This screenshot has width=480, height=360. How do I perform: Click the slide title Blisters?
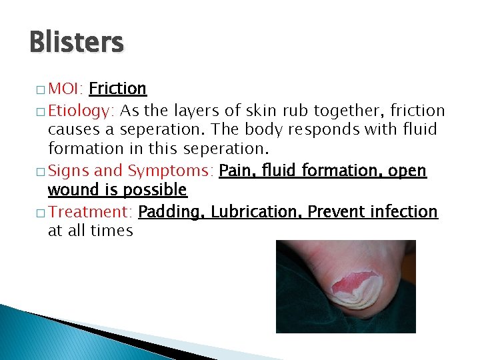pyautogui.click(x=77, y=43)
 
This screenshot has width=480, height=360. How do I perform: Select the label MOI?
pyautogui.click(x=65, y=89)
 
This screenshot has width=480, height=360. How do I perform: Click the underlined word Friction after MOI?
pyautogui.click(x=117, y=89)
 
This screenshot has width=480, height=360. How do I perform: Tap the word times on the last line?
pyautogui.click(x=114, y=231)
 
